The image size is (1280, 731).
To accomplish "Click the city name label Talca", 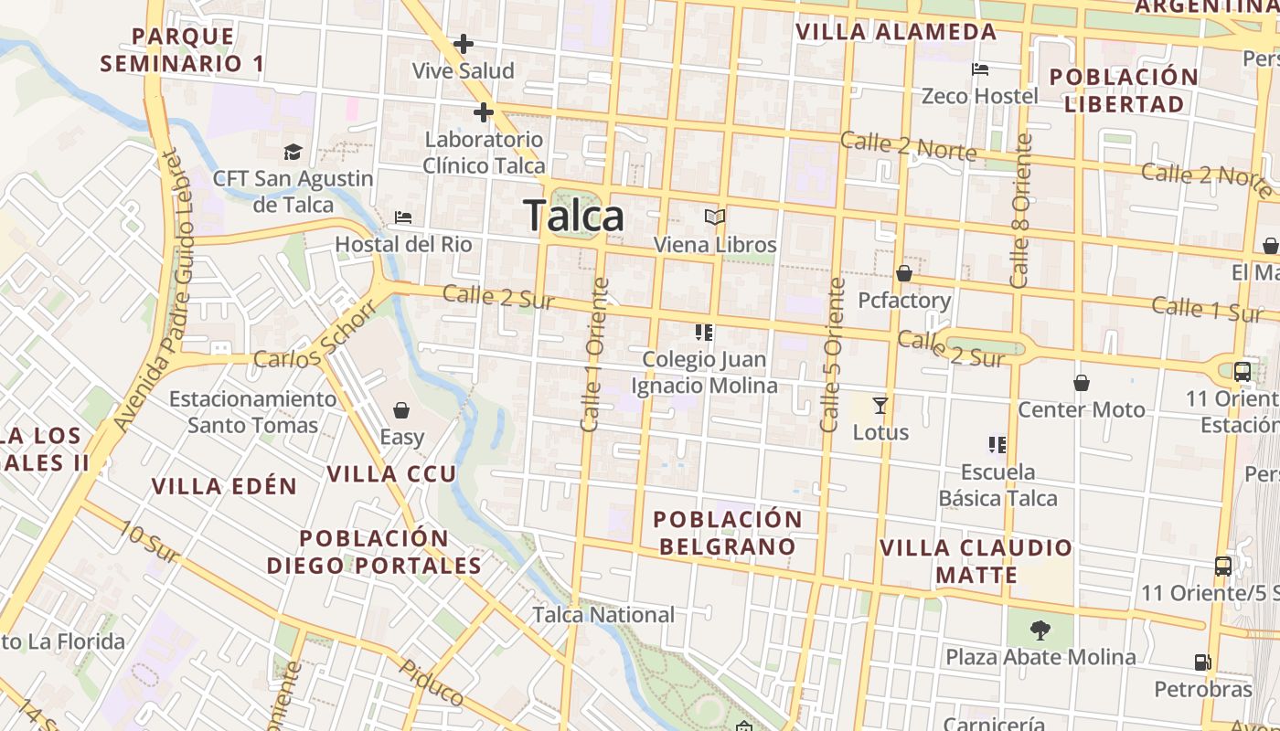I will click(x=574, y=217).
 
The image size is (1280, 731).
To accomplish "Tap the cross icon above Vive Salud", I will click(x=464, y=43).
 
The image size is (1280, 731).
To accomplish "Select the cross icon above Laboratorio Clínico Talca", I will click(x=484, y=112).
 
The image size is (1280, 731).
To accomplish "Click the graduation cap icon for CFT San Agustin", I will click(x=293, y=152).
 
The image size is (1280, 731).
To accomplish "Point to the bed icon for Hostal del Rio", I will click(x=403, y=217).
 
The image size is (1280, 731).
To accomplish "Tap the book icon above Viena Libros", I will click(x=715, y=217).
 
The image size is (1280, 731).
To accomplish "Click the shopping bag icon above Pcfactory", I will click(x=904, y=273).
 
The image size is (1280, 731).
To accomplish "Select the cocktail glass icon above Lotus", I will click(x=880, y=405).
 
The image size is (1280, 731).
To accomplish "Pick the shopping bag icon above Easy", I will click(x=400, y=409).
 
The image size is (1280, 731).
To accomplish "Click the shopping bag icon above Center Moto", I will click(x=1082, y=382).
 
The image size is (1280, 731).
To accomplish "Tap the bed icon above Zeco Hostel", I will click(x=980, y=69).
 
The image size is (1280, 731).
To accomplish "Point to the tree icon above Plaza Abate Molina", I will click(x=1040, y=630).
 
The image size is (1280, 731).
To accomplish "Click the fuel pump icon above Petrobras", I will click(x=1201, y=662).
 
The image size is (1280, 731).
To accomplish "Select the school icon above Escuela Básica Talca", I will click(x=997, y=445).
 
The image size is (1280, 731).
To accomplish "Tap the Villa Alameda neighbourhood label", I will click(x=896, y=32).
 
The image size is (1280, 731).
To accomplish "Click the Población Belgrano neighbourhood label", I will click(x=728, y=533).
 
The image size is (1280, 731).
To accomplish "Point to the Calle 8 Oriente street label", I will click(x=1022, y=211).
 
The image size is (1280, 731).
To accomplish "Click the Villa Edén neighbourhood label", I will click(x=225, y=485).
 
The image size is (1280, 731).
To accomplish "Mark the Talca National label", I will click(x=603, y=615).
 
